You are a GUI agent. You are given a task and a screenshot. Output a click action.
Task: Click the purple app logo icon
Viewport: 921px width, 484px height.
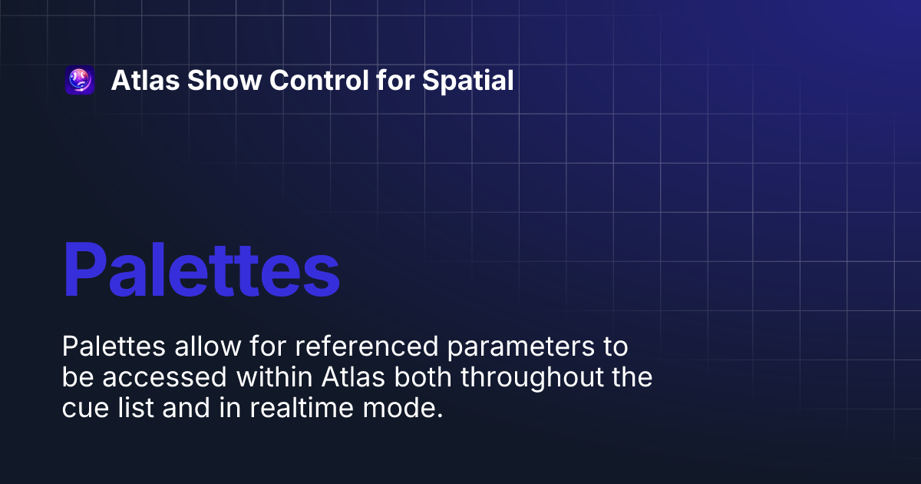[x=80, y=81]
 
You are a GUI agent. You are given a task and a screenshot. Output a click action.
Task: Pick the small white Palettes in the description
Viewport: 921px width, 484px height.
[x=114, y=347]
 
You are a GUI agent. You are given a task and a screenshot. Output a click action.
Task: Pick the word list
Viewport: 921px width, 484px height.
[x=131, y=409]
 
